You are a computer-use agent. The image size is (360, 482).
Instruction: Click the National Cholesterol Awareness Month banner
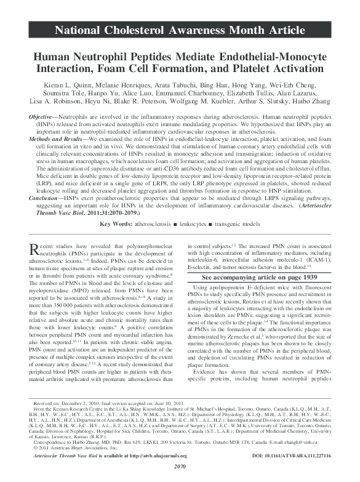(180, 28)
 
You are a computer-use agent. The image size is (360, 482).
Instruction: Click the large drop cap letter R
(36, 250)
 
